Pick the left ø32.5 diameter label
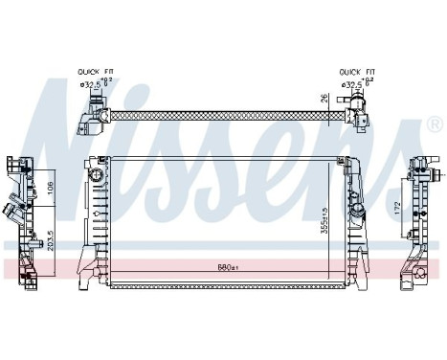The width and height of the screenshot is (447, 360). (x=93, y=84)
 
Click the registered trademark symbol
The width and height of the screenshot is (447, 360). (x=435, y=124)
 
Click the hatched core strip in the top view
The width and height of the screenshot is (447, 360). (x=220, y=114)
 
